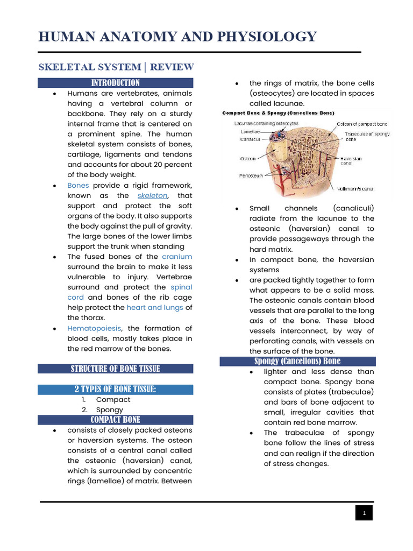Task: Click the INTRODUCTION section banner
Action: [x=115, y=83]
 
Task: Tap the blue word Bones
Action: [x=78, y=185]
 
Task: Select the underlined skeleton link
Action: [x=153, y=196]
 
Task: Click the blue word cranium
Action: [x=176, y=257]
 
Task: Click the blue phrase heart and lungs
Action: [x=155, y=308]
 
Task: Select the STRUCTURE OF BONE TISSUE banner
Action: [x=115, y=369]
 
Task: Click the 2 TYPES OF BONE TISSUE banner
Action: [x=115, y=389]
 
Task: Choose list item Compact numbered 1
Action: [x=113, y=400]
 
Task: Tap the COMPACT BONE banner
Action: [x=115, y=420]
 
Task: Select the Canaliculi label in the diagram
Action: [x=251, y=139]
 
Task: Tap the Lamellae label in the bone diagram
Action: [x=249, y=131]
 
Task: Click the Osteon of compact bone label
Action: [x=361, y=124]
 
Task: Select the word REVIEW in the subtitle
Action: [x=172, y=67]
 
